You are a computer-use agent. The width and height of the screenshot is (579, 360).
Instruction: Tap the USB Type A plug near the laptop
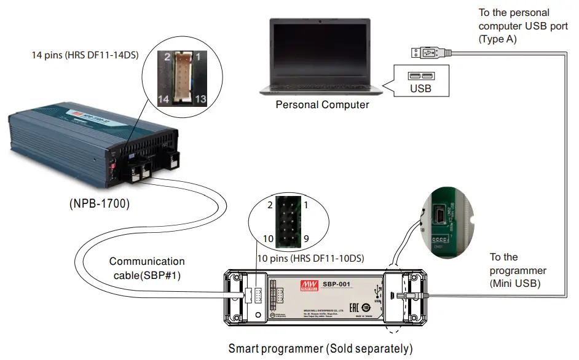pyautogui.click(x=423, y=54)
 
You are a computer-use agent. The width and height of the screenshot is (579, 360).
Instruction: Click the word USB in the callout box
pyautogui.click(x=420, y=88)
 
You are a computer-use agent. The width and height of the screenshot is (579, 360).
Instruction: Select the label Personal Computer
pyautogui.click(x=322, y=104)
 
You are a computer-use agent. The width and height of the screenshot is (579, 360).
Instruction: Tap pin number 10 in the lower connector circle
pyautogui.click(x=267, y=238)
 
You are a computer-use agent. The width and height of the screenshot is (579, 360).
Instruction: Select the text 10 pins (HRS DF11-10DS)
pyautogui.click(x=310, y=258)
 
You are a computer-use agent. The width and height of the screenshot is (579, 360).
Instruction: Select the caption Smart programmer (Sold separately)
pyautogui.click(x=320, y=349)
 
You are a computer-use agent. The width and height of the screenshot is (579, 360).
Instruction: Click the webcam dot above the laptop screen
pyautogui.click(x=321, y=22)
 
